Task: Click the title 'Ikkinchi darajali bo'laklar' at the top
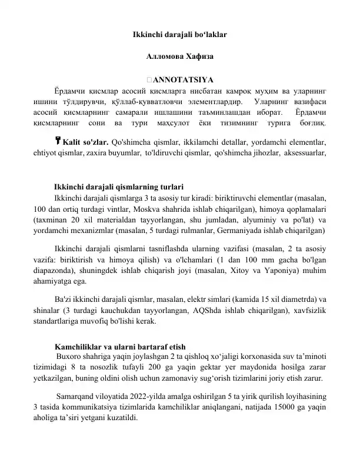pos(180,35)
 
